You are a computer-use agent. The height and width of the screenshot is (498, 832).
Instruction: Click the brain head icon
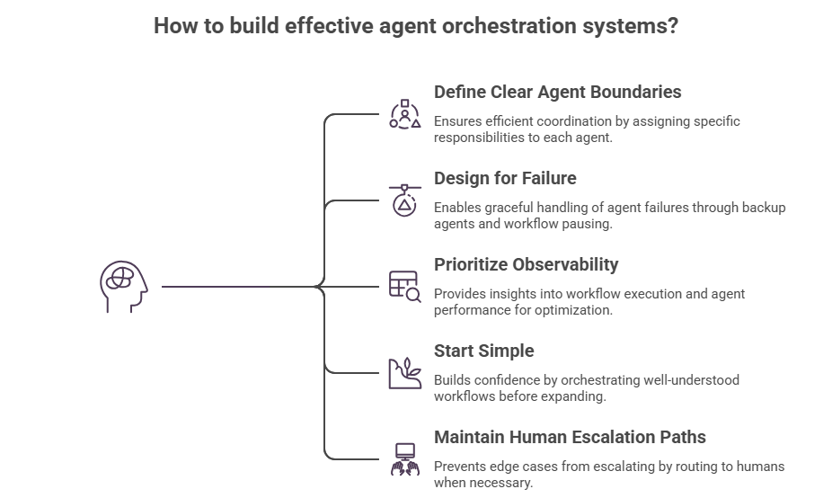coord(122,288)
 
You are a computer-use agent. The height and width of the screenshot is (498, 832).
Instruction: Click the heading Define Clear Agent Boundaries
coord(557,92)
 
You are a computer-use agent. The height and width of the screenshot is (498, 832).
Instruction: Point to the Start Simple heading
coord(484,351)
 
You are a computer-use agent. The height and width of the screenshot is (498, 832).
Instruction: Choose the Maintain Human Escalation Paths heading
coord(570,437)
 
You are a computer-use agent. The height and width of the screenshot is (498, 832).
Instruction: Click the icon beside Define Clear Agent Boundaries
coord(404,115)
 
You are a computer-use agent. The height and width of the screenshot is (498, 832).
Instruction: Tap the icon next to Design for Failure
coord(404,200)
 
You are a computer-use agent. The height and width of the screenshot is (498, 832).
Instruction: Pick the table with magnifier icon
coord(404,285)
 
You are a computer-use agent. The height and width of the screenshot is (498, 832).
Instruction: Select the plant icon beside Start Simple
coord(404,371)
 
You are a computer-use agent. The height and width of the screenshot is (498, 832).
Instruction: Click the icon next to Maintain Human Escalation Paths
coord(404,458)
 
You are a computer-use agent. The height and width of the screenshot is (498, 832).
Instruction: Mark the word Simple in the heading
coord(509,351)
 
